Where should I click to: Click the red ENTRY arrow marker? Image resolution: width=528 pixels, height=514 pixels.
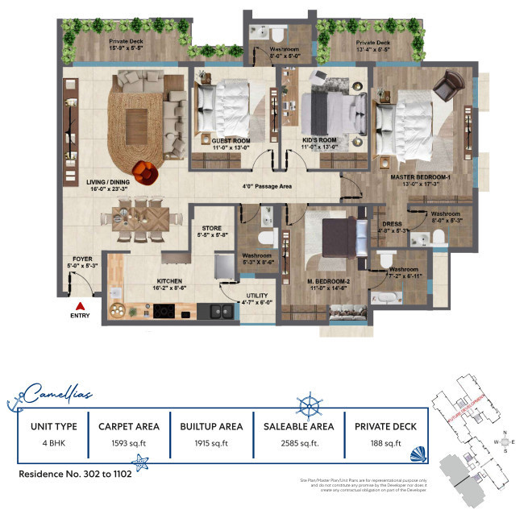tap(79, 306)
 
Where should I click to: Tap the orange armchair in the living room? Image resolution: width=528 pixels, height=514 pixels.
tap(146, 171)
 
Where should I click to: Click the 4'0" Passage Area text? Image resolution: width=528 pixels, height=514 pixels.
tap(267, 186)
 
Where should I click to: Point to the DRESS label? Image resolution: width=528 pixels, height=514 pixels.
tap(393, 224)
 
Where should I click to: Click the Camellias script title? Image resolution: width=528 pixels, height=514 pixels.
tap(57, 394)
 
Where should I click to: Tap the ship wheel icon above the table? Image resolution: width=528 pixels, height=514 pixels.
tap(310, 404)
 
